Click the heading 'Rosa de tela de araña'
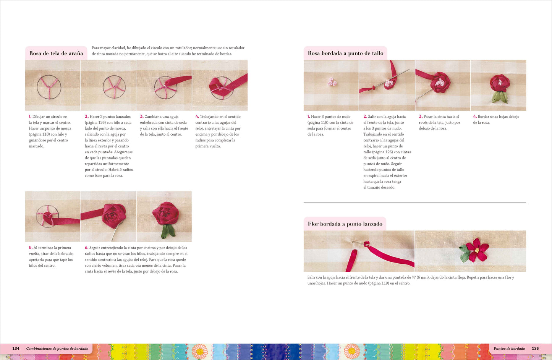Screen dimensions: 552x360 coord(56,53)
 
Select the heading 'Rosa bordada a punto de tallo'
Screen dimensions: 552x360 coord(345,53)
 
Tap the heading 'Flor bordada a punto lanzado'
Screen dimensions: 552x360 coord(345,224)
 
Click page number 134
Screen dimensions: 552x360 coord(16,349)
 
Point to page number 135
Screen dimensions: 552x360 coord(535,349)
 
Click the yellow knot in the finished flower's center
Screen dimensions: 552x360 coord(477,251)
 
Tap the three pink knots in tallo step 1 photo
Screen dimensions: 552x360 coord(332,82)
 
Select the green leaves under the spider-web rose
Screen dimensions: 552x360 coord(168,231)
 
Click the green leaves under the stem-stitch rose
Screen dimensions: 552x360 coord(499,97)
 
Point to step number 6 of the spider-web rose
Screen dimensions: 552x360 coord(86,248)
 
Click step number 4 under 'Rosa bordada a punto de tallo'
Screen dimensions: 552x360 coord(474,117)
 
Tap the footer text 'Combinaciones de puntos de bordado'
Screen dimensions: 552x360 coord(57,349)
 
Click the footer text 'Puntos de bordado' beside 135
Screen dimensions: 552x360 coord(509,349)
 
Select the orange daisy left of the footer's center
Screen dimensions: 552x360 coord(200,351)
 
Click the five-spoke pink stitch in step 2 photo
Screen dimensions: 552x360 coord(114,87)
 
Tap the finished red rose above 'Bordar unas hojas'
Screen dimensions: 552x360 coord(500,83)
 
